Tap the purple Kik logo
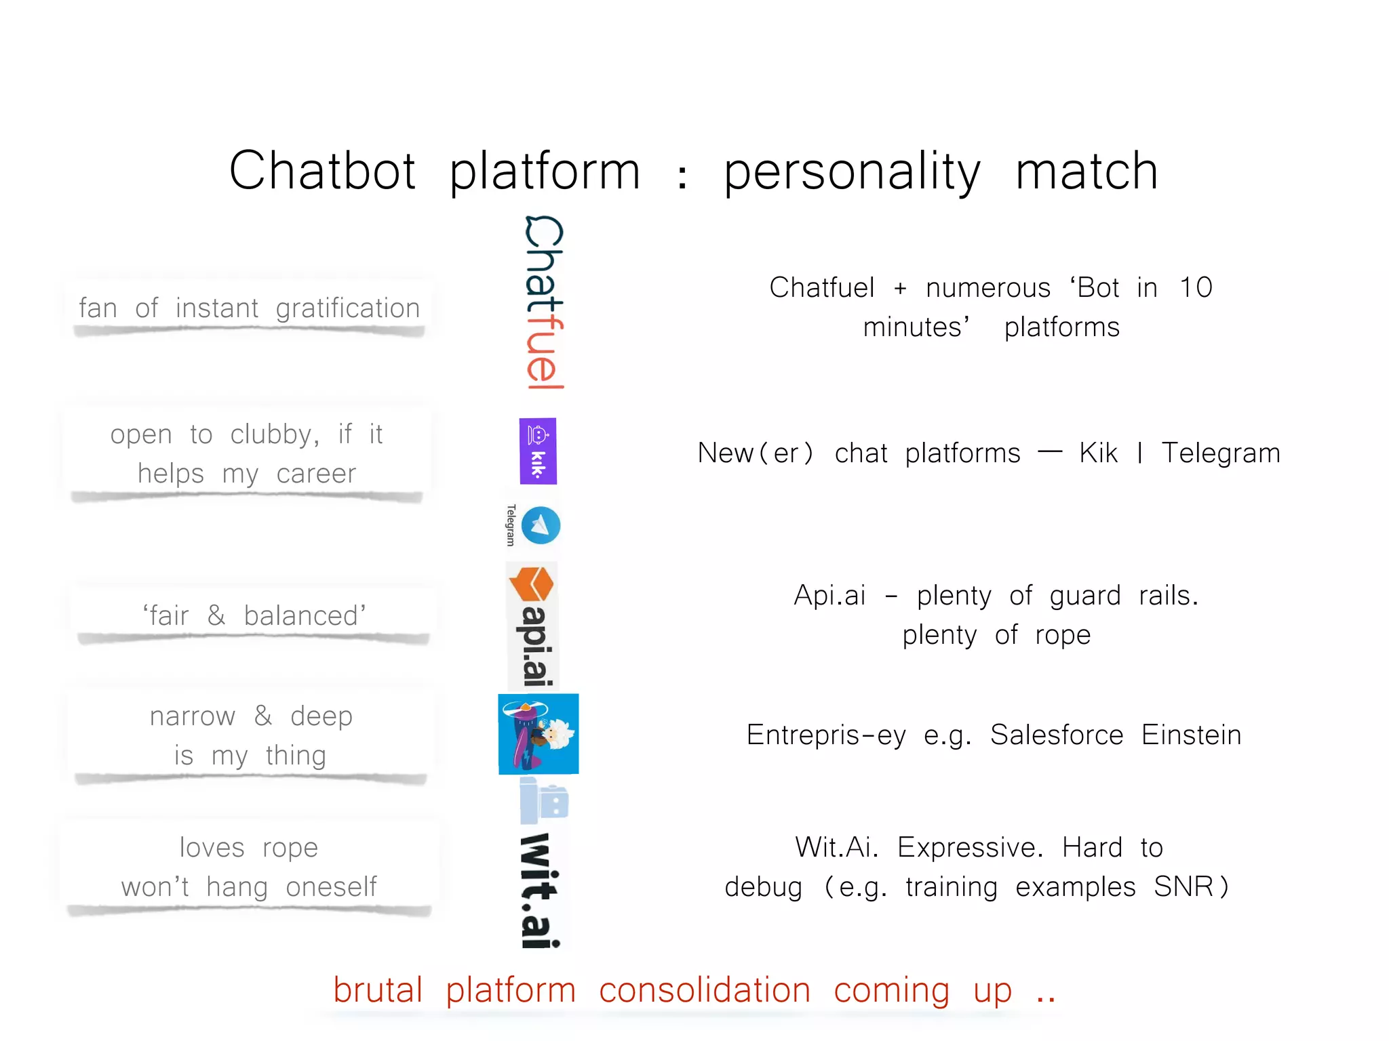coord(538,451)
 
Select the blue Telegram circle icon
coord(541,525)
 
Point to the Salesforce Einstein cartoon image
coord(539,733)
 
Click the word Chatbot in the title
coord(322,171)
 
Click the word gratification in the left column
coord(348,309)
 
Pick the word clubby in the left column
coord(274,434)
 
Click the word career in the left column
coord(316,474)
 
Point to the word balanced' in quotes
coord(305,616)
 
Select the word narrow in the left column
coord(193,716)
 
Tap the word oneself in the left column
coord(331,887)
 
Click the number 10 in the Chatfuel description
coord(1196,288)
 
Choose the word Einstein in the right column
coord(1191,735)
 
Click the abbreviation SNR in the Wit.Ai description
coord(1183,886)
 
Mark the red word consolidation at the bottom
coord(705,990)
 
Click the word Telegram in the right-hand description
coord(1221,453)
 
